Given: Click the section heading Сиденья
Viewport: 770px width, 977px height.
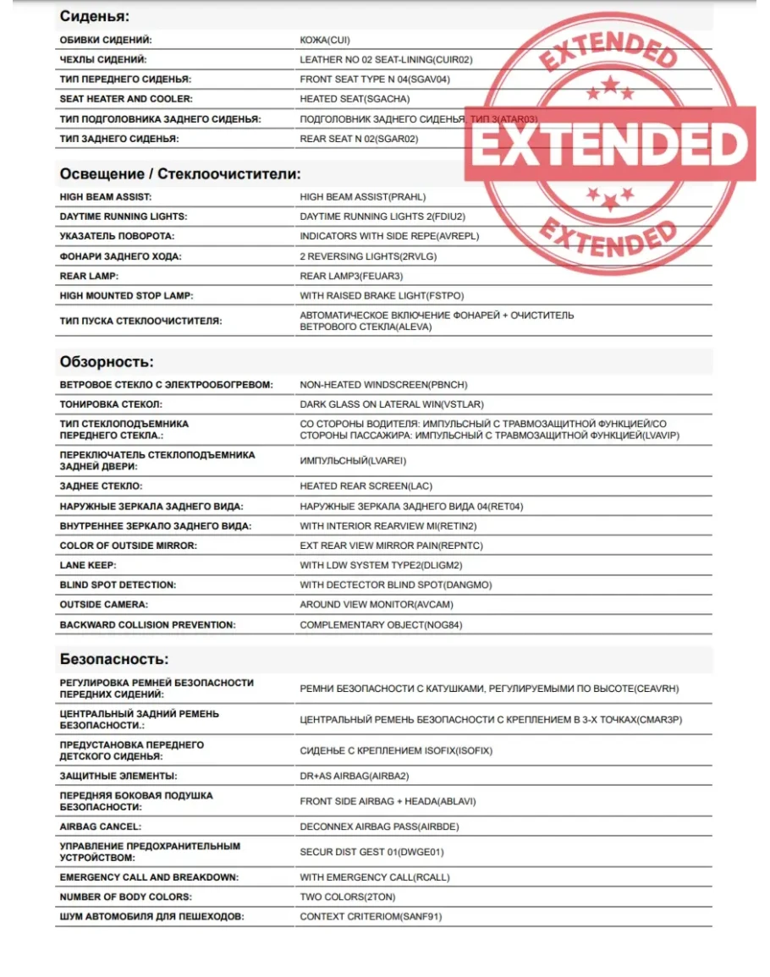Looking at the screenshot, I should (94, 16).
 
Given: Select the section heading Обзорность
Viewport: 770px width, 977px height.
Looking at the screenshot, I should (107, 362).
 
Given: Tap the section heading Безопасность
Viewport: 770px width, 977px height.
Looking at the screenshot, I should (114, 659).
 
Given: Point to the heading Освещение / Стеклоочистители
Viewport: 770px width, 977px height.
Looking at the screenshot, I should (180, 174).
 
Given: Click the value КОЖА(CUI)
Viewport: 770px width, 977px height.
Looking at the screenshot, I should (325, 40).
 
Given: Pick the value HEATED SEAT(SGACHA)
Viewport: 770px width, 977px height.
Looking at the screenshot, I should (355, 99).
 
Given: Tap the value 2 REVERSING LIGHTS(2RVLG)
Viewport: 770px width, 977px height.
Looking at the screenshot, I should (368, 256).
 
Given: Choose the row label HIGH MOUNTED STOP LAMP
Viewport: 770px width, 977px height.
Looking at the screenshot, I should (126, 296).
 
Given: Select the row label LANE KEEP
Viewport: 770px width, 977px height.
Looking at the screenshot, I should (88, 565).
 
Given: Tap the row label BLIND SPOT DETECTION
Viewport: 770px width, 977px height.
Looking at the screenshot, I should (118, 585).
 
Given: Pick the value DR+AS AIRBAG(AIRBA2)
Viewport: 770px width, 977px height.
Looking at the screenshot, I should (354, 776).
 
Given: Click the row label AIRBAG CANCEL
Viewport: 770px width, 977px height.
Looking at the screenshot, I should (101, 826).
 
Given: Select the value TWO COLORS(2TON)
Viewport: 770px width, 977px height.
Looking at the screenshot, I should (347, 897).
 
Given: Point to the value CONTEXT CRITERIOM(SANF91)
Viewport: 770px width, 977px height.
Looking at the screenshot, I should (371, 916).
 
